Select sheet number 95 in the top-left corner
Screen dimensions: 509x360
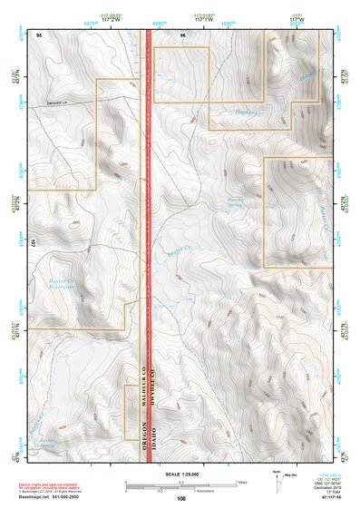38,34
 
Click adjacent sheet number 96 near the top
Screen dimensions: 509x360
182,34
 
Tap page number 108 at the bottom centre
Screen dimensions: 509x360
181,498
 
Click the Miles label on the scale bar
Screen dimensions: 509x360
240,481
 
